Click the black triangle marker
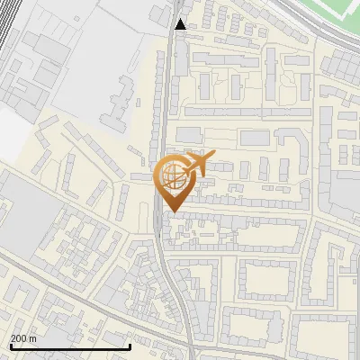point(181,23)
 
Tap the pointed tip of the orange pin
point(172,211)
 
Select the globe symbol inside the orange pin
point(171,175)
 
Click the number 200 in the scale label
point(19,338)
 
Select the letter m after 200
point(33,338)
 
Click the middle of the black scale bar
point(70,346)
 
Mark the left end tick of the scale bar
point(11,346)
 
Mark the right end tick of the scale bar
point(130,346)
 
